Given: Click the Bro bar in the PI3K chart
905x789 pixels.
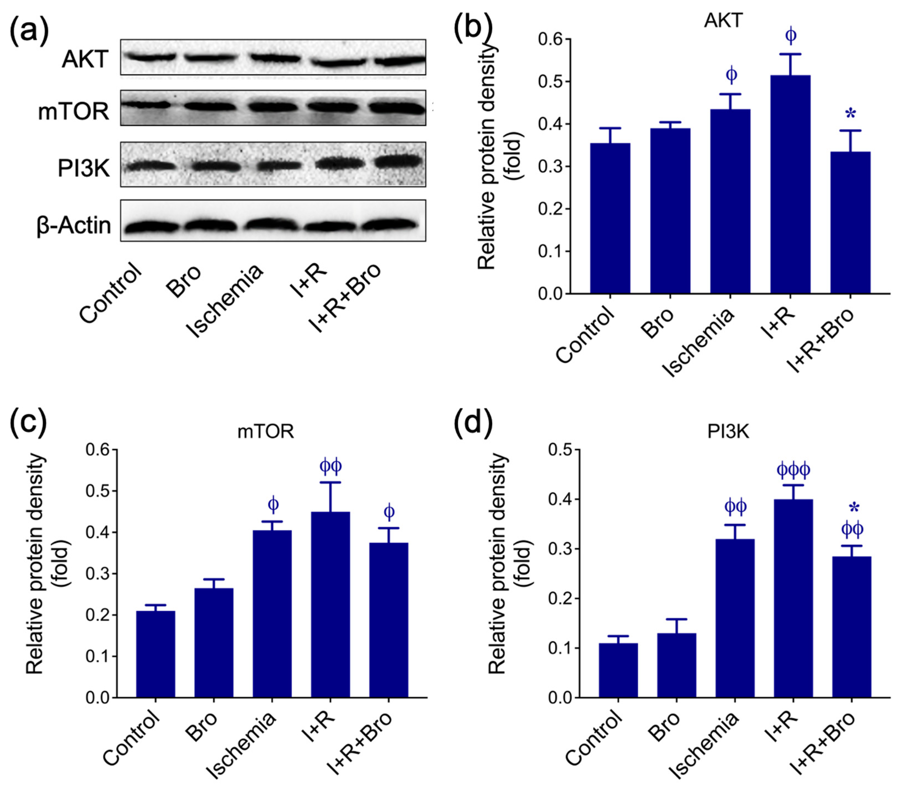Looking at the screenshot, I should pyautogui.click(x=676, y=665).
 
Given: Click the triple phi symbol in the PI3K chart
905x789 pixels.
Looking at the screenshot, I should pyautogui.click(x=793, y=471).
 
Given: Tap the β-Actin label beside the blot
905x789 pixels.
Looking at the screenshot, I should pyautogui.click(x=74, y=226).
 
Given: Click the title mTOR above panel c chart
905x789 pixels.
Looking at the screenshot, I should pyautogui.click(x=265, y=431).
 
